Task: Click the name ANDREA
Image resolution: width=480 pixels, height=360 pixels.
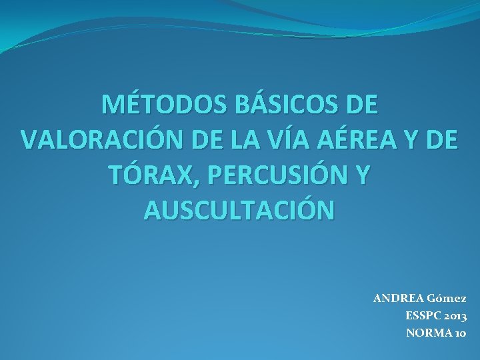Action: pos(397,297)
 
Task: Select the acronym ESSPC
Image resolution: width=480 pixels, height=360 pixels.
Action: pos(421,315)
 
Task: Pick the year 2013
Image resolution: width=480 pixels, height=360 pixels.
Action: pos(455,315)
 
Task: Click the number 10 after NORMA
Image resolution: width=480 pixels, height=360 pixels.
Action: pos(459,332)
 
